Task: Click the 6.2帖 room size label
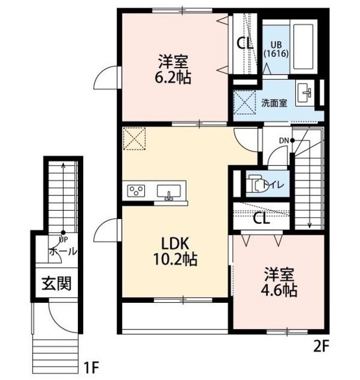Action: (x=174, y=78)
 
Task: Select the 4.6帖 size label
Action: (x=280, y=291)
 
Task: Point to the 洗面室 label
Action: (x=274, y=102)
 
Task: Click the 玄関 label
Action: (x=56, y=284)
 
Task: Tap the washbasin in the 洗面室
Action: (x=307, y=92)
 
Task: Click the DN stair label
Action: (x=284, y=140)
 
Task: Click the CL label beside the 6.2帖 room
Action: (x=244, y=43)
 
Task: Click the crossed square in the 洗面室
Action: (x=244, y=101)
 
